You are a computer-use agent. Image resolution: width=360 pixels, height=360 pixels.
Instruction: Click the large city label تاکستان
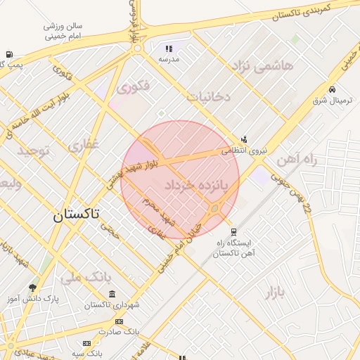(x=76, y=215)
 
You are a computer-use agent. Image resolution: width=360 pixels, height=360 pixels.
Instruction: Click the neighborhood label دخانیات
(x=209, y=96)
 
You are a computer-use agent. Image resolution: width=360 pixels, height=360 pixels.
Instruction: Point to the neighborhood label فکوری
(x=134, y=88)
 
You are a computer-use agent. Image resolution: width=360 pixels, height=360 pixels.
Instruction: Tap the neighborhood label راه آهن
(x=297, y=160)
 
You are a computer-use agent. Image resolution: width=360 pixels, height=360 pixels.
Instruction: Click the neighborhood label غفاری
(x=84, y=146)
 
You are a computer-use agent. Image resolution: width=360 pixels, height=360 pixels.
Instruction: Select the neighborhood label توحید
(x=34, y=151)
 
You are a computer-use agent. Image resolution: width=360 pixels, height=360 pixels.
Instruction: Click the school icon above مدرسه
(x=169, y=49)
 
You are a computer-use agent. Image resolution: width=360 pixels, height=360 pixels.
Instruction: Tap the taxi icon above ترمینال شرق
(x=332, y=89)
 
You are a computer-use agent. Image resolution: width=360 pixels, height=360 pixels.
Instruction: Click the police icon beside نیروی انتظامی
(x=243, y=139)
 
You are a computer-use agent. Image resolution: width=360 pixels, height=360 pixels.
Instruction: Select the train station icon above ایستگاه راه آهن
(x=234, y=231)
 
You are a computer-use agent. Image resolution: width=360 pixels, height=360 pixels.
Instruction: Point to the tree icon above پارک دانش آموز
(x=32, y=288)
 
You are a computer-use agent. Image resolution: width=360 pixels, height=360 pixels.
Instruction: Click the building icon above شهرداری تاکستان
(x=112, y=294)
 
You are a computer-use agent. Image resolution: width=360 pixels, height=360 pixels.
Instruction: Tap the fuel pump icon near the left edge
(x=8, y=54)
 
